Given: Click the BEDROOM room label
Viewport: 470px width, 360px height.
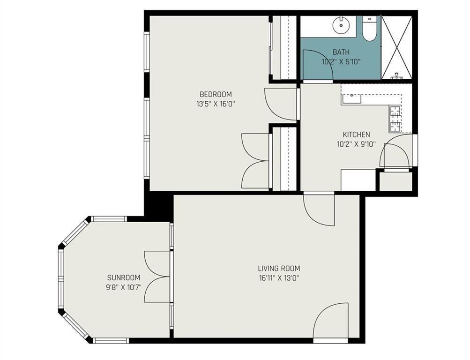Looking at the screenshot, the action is point(216,94).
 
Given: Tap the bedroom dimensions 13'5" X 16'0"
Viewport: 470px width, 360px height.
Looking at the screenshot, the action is point(216,105).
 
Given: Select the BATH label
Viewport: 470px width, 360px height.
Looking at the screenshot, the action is point(341,52).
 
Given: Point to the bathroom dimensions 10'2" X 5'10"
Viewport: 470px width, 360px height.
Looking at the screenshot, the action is point(341,62).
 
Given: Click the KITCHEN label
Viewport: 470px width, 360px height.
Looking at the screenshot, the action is point(357,135).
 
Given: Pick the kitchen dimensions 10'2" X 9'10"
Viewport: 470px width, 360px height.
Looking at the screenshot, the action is point(357,144).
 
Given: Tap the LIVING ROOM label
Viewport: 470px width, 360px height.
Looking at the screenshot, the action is point(279,268).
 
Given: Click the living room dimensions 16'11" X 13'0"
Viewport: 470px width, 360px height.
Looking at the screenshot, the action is point(279,278).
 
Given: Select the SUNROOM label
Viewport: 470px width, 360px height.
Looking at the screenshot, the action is point(124,277).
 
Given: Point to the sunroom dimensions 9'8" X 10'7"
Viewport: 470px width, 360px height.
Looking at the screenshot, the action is point(124,287).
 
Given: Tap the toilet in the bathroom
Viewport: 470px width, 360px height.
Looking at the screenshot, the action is point(369,29).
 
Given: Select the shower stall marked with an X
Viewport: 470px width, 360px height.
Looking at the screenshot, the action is point(396,47).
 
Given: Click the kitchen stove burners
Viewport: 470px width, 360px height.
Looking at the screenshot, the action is point(395,119).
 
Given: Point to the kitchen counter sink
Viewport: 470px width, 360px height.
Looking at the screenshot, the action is point(351,98).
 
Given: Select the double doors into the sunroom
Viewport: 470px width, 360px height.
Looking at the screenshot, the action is point(157,277).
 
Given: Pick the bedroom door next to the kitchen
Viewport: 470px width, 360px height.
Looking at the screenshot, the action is point(281,104).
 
